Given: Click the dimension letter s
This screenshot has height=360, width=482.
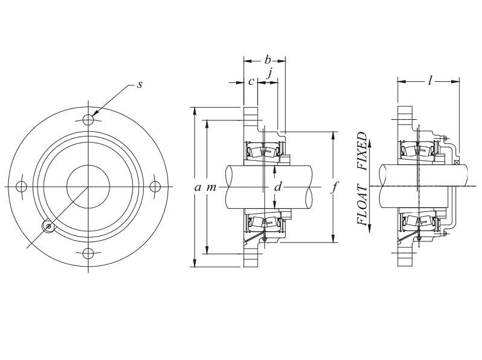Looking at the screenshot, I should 139,85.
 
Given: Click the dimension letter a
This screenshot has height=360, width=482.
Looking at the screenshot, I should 197,187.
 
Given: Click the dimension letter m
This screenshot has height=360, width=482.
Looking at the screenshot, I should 211,187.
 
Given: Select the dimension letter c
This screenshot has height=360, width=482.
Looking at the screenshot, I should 251,81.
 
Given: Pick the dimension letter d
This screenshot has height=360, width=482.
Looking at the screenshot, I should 277,187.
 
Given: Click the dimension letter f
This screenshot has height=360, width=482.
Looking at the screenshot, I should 335,187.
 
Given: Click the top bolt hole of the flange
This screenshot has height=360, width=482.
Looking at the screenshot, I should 88,117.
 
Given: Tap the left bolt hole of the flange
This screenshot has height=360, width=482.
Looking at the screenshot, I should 20,185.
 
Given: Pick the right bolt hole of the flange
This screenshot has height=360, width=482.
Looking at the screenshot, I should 155,185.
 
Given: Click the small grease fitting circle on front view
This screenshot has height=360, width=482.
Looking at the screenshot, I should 48,226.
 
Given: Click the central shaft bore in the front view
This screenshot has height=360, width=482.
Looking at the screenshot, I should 88,185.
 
